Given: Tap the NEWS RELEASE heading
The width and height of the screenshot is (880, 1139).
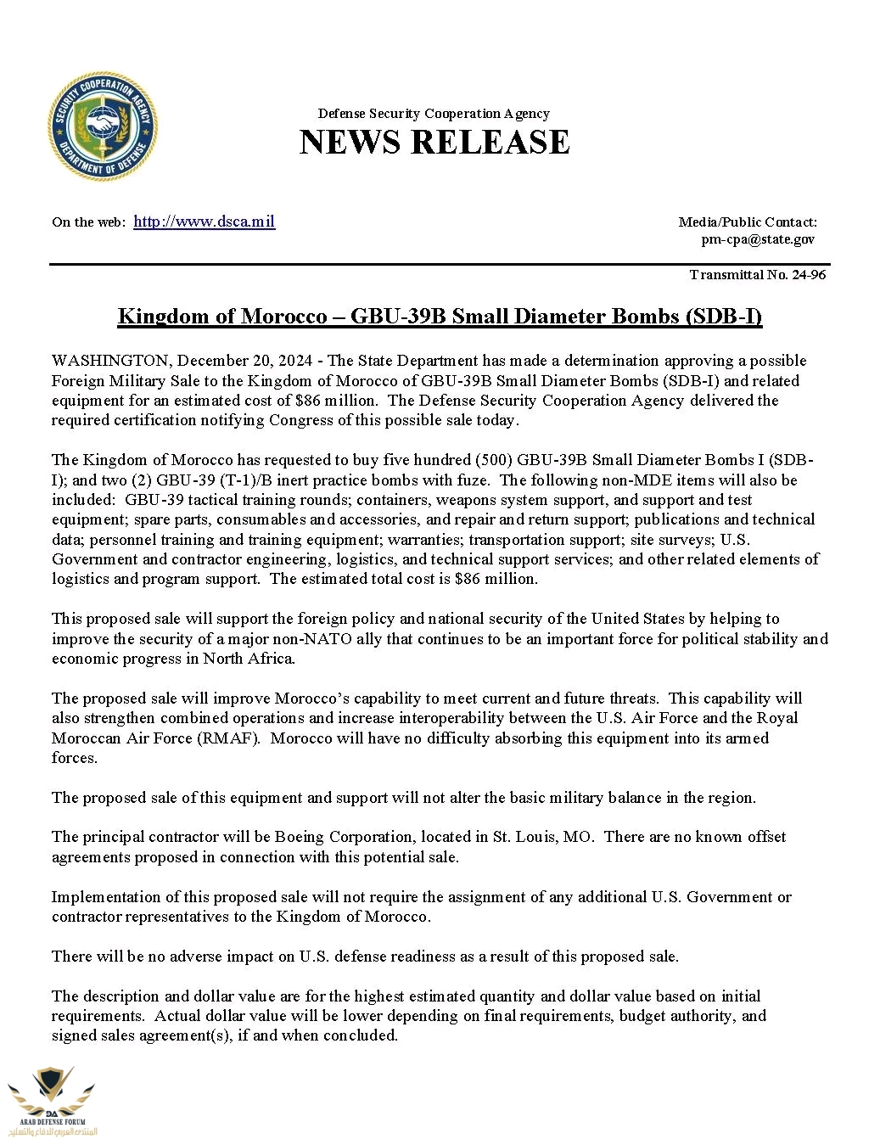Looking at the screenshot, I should tap(434, 142).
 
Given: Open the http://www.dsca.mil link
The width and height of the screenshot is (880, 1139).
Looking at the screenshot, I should tap(204, 222).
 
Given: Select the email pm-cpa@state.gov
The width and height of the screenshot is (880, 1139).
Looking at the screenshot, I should tap(757, 239).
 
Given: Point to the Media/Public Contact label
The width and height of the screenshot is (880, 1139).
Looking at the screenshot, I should tap(747, 222).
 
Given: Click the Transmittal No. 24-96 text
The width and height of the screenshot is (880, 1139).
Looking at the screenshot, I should tap(757, 274).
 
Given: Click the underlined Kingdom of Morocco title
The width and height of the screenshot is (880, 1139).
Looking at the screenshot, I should tap(440, 317).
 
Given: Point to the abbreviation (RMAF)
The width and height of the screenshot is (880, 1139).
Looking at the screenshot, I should tap(228, 738).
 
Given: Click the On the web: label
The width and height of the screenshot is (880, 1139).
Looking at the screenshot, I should tap(88, 222).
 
